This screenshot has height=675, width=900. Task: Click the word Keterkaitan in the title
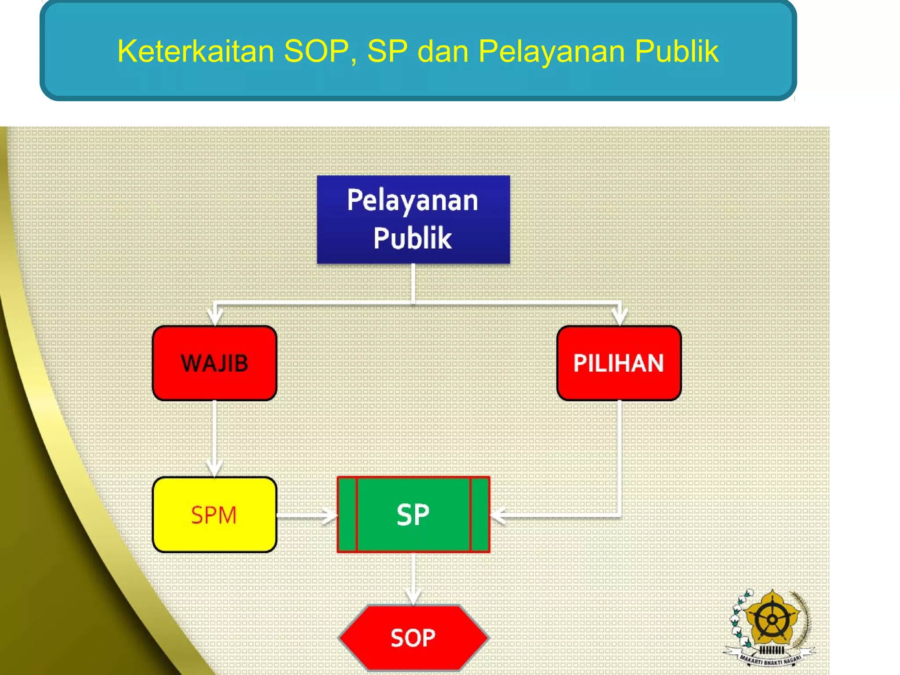tap(196, 51)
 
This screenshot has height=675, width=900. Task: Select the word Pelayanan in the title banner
tap(552, 51)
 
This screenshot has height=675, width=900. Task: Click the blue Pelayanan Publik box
tap(413, 219)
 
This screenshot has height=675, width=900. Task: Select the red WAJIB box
tap(214, 363)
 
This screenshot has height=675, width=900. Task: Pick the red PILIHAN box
tap(619, 363)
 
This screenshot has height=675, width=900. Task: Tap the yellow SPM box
tap(214, 515)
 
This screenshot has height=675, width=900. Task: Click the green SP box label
tap(413, 515)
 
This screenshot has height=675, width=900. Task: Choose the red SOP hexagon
tap(413, 638)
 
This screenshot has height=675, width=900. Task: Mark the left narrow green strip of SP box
tap(347, 515)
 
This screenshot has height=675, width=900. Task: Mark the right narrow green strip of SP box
tap(480, 515)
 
